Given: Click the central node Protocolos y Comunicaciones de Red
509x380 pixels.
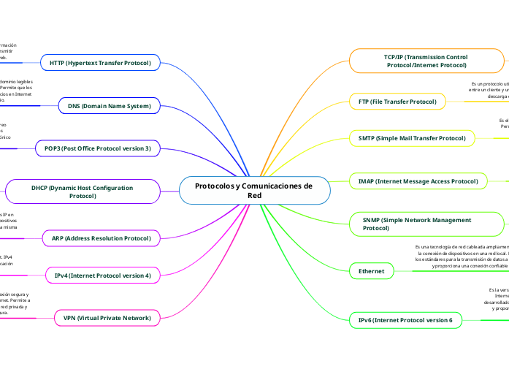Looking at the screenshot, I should point(253,191).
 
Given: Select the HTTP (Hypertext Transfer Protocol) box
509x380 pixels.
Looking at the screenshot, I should point(100,64).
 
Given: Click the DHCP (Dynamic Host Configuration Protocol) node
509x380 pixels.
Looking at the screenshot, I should point(82,191).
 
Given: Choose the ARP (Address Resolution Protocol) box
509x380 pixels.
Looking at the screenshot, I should point(101,238).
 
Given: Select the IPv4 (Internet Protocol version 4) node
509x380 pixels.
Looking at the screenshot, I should point(102,275).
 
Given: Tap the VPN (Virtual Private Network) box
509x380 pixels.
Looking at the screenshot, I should point(107,318).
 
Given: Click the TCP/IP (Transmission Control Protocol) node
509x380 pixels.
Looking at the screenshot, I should point(426,61).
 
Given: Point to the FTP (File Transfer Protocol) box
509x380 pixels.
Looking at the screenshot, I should point(397,101).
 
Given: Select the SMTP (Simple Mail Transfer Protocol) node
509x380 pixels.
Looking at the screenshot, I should point(412,138).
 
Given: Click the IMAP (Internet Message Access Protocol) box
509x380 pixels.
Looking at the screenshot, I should point(418,180).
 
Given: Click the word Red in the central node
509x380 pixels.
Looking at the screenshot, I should point(254,196).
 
